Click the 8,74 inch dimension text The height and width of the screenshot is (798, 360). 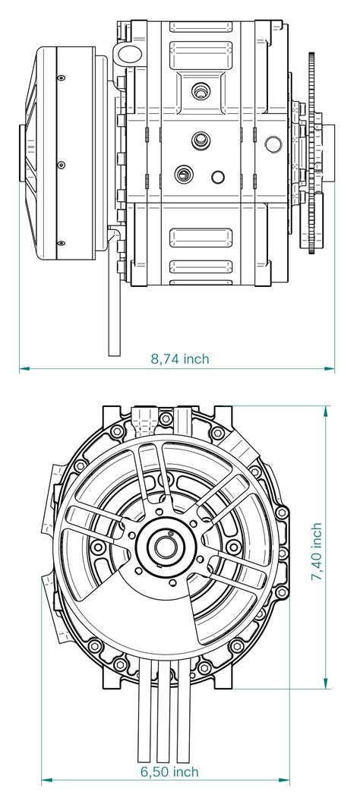click(x=180, y=358)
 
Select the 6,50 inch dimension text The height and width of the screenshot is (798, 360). click(x=169, y=771)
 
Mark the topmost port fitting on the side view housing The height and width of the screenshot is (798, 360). click(x=200, y=90)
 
